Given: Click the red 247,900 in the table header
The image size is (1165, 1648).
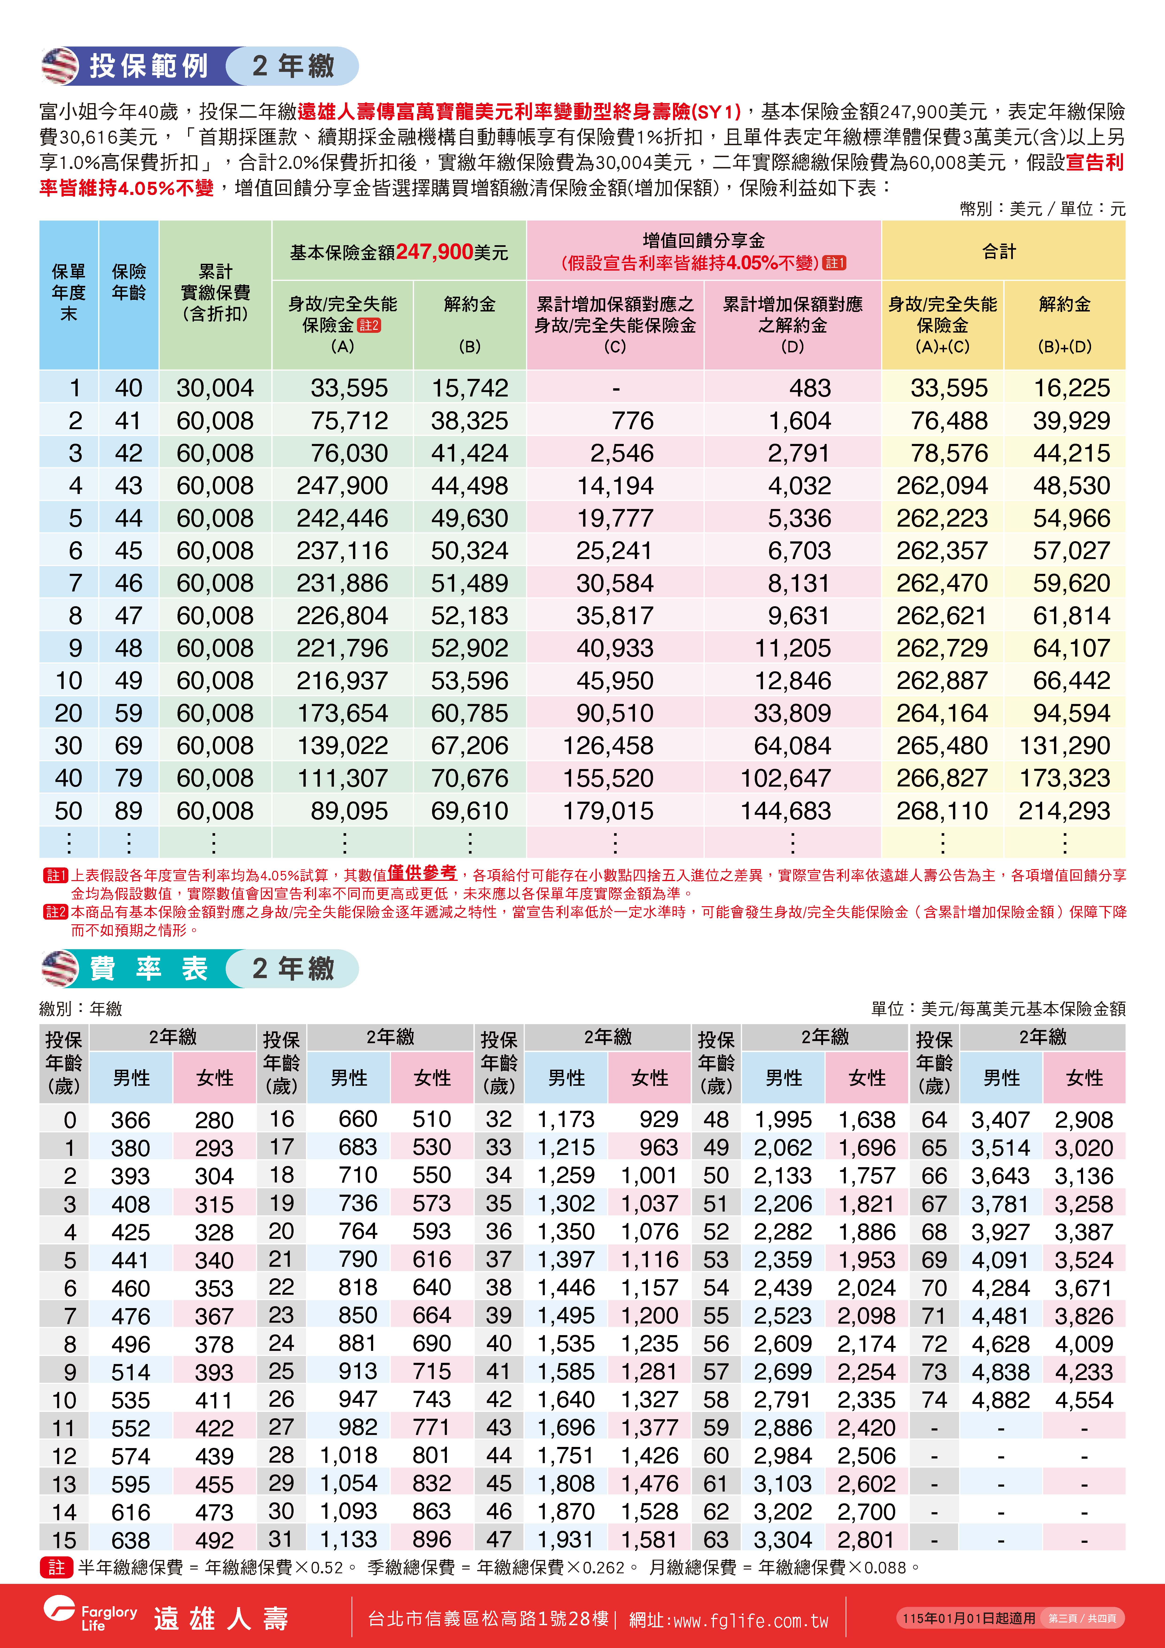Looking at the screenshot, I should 434,252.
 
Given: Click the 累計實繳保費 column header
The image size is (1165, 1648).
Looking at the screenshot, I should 215,293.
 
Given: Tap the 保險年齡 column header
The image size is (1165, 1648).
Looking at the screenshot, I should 128,282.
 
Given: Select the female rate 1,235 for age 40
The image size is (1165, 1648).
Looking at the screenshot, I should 650,1344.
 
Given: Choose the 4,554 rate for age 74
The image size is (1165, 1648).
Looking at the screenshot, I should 1084,1400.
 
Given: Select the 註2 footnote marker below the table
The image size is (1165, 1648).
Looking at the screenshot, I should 55,912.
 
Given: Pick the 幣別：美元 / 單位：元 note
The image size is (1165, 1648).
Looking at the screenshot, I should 1042,209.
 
